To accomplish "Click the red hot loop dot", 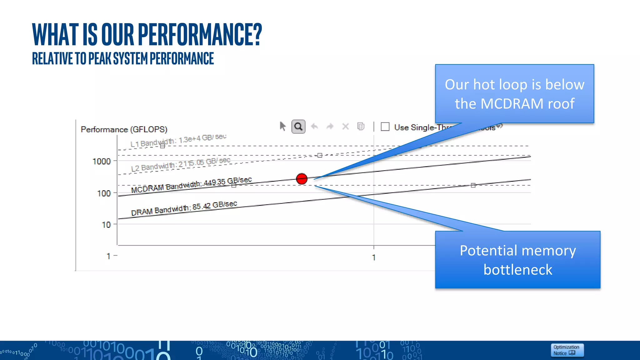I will pos(302,179).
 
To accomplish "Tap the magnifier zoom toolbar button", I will pos(298,127).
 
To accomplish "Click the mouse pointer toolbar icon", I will pos(282,126).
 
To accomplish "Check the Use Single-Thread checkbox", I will pos(385,127).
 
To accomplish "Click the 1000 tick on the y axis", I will pos(102,161).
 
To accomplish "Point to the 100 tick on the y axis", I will pos(104,193).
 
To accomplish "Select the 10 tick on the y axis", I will pos(106,225).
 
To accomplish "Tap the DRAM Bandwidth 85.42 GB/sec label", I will pos(184,208).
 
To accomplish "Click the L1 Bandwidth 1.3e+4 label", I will pos(178,140).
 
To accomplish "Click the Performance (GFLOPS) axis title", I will pos(124,129).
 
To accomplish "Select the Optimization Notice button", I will pos(567,350).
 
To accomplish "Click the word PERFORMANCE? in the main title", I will pos(200,34).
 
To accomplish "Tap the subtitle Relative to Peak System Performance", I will pos(123,58).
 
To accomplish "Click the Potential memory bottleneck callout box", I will pos(517,260).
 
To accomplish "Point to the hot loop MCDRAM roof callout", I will pos(514,94).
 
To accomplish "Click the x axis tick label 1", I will pos(374,257).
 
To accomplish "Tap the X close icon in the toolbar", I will pos(345,127).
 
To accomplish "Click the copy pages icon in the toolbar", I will pos(361,126).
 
